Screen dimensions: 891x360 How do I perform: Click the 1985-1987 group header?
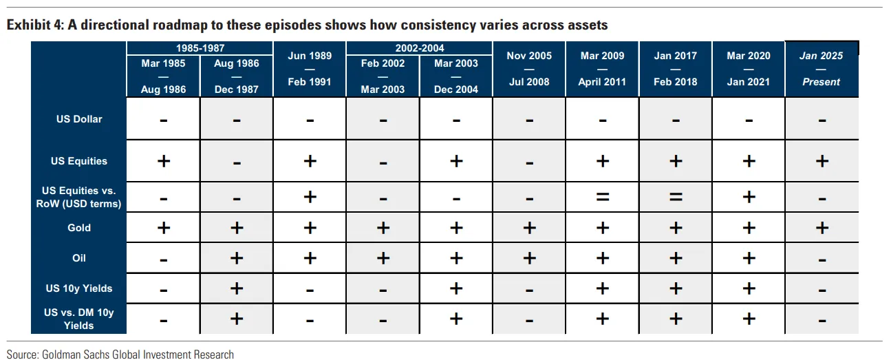[x=200, y=48]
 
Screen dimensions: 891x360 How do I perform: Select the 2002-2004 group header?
[x=420, y=48]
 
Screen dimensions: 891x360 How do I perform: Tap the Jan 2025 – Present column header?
[x=822, y=69]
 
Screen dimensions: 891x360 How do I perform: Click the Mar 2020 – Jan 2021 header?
[x=749, y=69]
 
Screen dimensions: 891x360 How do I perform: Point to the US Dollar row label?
[x=79, y=119]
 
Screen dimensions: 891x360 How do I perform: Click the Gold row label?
[x=79, y=228]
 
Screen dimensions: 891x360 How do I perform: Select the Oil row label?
[x=79, y=257]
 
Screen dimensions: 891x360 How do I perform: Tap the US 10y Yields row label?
[x=79, y=288]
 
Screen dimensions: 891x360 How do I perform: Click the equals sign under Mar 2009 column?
[x=603, y=197]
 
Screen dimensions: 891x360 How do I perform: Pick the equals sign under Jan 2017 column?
[x=676, y=197]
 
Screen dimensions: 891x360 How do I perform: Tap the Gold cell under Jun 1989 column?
[x=310, y=228]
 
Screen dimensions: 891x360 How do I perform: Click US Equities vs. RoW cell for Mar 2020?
[x=749, y=197]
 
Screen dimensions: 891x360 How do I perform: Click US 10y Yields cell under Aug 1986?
[x=237, y=288]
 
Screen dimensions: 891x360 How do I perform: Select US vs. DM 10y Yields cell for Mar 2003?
[x=456, y=319]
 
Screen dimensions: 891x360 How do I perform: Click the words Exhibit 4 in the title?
[x=35, y=25]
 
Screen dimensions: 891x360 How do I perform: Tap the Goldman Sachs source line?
[x=120, y=354]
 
